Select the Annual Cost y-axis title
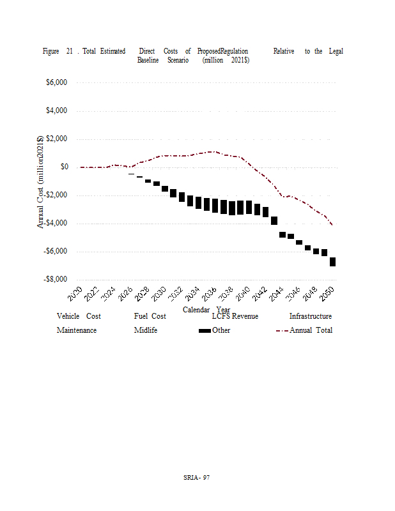point(40,181)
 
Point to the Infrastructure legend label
point(310,316)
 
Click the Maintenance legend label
point(77,330)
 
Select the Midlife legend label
point(146,330)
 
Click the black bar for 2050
point(333,262)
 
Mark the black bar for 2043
point(274,220)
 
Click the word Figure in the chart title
point(51,51)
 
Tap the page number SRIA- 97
point(197,477)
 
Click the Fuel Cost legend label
point(150,316)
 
